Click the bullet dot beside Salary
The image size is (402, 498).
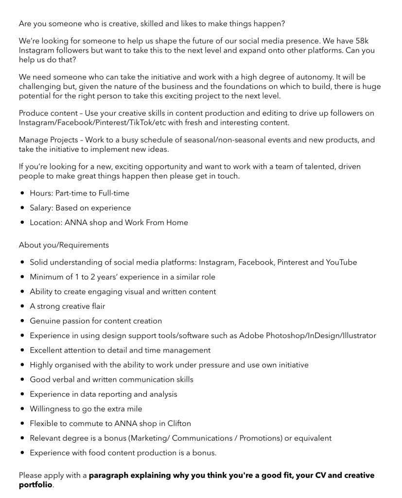click(23, 208)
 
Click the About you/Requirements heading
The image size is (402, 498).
click(64, 245)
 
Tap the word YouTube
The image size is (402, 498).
click(341, 262)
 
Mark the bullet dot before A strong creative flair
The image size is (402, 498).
click(23, 306)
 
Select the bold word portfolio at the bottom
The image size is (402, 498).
click(35, 484)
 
